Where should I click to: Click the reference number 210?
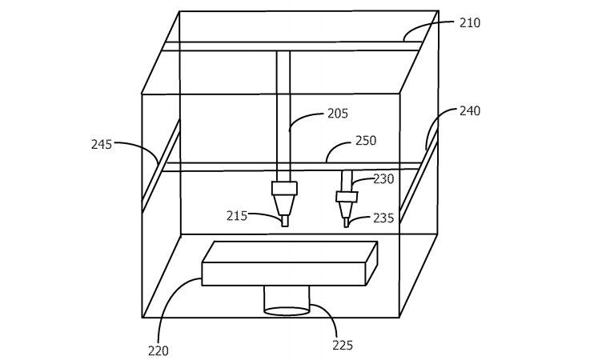tap(470, 23)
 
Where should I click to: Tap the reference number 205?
tap(338, 114)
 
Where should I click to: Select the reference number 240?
tap(470, 111)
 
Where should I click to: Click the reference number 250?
tap(365, 141)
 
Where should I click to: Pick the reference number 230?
tap(383, 179)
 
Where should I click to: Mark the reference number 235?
tap(383, 217)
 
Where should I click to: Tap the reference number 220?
tap(159, 349)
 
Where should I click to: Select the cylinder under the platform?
tap(287, 301)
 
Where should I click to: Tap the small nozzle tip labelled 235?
tap(346, 223)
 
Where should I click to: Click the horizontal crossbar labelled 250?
tap(240, 166)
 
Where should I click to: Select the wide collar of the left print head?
tap(285, 189)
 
